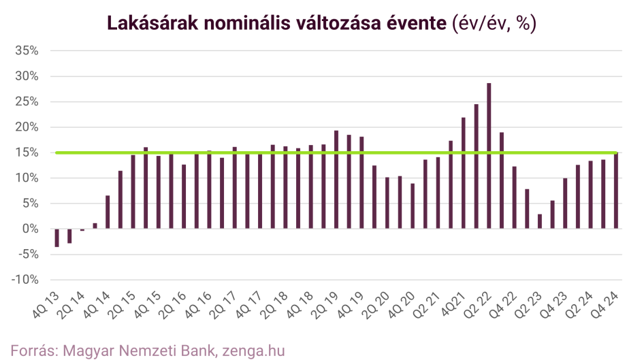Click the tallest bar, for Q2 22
point(489,156)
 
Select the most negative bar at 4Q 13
point(57,238)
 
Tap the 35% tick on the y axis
point(27,51)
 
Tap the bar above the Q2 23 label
point(539,222)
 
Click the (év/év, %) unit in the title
point(494,23)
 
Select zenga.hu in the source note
point(253,350)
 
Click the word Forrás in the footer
point(32,350)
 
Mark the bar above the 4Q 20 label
point(413,206)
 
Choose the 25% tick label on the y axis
point(27,102)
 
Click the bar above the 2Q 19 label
point(336,180)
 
